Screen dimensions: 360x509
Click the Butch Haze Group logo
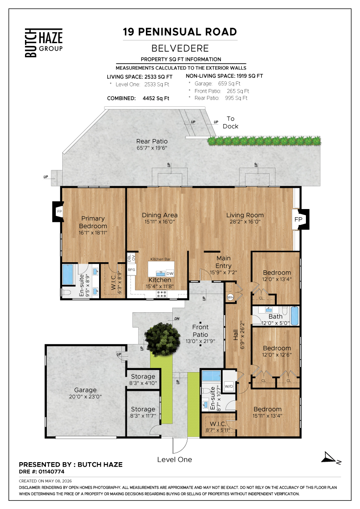click(44, 43)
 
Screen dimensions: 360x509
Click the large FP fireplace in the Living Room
click(300, 220)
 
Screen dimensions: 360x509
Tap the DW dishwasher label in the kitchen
click(170, 273)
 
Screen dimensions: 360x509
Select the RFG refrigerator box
click(131, 270)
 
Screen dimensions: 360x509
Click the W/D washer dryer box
click(229, 386)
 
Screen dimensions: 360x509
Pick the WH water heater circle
click(230, 297)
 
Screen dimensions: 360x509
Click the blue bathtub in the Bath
click(295, 315)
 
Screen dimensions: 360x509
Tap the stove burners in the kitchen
click(162, 294)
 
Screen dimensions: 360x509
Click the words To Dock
click(230, 123)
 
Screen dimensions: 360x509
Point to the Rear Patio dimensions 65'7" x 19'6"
click(152, 148)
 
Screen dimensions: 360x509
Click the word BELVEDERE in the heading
click(180, 48)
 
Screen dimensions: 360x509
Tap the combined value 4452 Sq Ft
click(156, 98)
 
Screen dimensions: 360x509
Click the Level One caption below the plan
click(175, 459)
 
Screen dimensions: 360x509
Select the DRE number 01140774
click(51, 472)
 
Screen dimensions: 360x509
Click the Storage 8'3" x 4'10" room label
click(143, 379)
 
